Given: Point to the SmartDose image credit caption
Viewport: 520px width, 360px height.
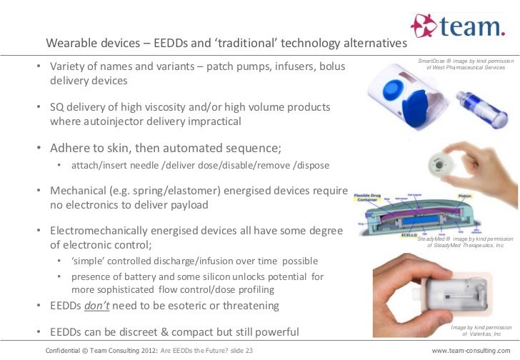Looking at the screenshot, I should click(466, 64).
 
